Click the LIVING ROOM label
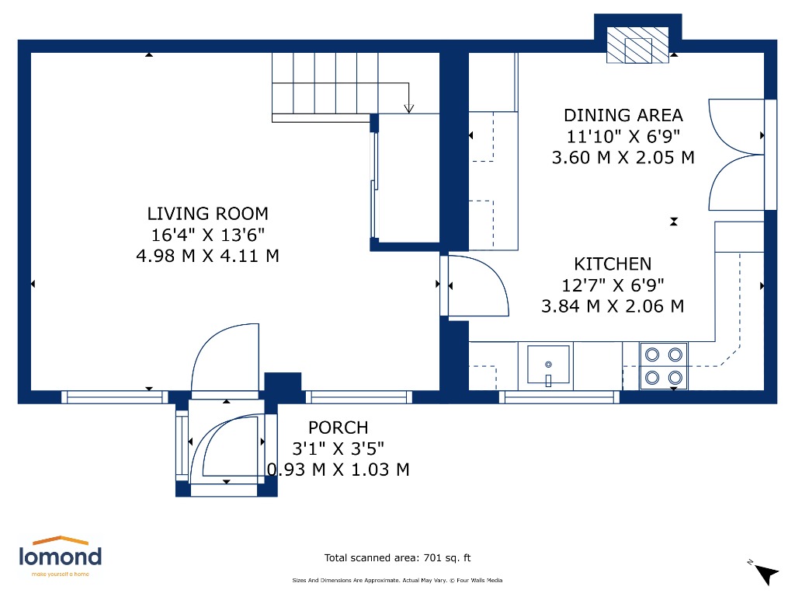207,214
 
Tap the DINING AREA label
623,116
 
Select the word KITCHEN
613,264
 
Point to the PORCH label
338,428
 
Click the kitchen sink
548,365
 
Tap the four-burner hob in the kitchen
664,366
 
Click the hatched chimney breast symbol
638,45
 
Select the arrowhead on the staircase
408,108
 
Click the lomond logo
61,557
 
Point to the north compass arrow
765,574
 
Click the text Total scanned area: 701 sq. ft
397,558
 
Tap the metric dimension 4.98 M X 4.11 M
207,255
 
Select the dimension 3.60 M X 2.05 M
623,157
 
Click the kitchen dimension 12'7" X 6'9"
613,285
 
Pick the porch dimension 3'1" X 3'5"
338,449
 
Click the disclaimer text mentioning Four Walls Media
397,580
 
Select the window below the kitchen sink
559,397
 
